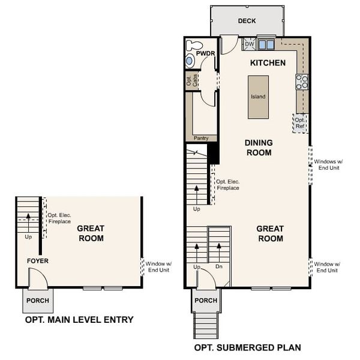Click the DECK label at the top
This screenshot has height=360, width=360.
click(x=247, y=21)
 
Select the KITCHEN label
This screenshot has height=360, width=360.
click(x=268, y=63)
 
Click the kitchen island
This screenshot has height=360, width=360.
click(x=259, y=96)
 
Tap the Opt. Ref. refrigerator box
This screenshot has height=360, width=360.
click(x=300, y=122)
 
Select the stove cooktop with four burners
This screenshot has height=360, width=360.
click(x=302, y=82)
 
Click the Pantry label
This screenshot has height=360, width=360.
click(x=200, y=138)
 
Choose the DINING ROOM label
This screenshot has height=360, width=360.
click(x=259, y=148)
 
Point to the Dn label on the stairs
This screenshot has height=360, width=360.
click(x=220, y=266)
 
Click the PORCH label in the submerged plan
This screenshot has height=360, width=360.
click(x=206, y=300)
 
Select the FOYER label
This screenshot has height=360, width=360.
click(x=37, y=261)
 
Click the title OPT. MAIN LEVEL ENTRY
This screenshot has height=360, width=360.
click(x=79, y=320)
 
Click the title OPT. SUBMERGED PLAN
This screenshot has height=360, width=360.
click(x=248, y=347)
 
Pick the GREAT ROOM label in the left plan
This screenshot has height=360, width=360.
click(x=91, y=233)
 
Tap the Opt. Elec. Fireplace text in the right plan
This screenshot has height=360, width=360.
click(x=227, y=185)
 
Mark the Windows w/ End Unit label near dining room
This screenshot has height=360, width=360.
click(x=327, y=165)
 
